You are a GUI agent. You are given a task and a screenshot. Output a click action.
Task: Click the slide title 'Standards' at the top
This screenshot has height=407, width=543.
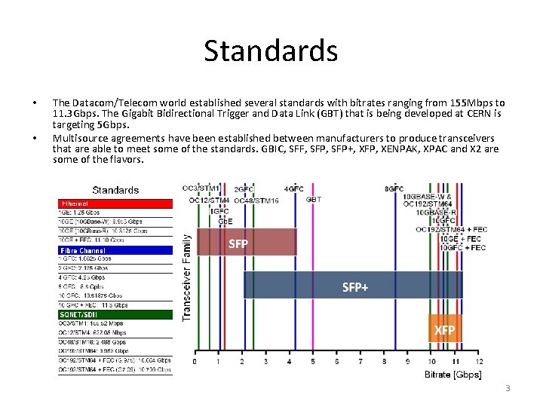pos(271,50)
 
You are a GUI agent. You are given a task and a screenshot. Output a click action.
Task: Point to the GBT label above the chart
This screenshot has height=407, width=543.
pos(314,200)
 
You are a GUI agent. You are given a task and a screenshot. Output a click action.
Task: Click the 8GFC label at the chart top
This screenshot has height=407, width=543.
pos(394,188)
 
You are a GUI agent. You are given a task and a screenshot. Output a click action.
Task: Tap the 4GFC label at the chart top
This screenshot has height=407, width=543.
pos(294,188)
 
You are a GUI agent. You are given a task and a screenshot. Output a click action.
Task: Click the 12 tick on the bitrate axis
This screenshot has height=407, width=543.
pos(479,363)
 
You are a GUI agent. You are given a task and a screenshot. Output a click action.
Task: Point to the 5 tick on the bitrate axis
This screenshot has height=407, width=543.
pos(314,363)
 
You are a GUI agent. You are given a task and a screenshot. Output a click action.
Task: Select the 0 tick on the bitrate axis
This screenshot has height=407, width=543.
pos(195,363)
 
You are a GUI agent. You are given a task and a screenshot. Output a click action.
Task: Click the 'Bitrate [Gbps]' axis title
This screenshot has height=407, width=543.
pos(453,375)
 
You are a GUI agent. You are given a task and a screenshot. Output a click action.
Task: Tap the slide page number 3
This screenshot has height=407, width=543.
pos(508,388)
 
